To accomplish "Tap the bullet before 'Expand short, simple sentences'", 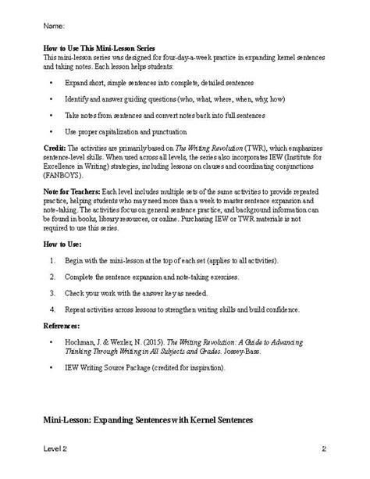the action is [52, 80].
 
